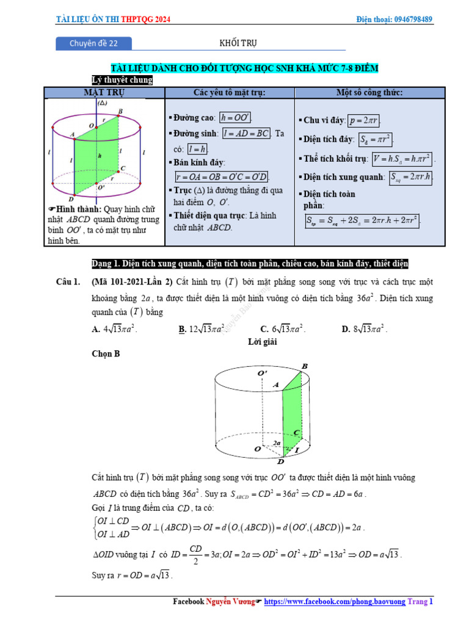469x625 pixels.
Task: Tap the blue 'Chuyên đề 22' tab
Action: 93,43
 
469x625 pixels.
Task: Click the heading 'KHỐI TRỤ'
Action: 238,43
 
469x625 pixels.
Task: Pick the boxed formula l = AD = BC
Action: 246,133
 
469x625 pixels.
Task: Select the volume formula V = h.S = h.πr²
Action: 402,158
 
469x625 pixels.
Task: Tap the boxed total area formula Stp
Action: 362,220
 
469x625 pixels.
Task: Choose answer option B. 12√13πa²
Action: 202,329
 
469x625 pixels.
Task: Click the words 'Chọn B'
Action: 105,353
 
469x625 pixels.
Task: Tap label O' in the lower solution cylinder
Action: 263,373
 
